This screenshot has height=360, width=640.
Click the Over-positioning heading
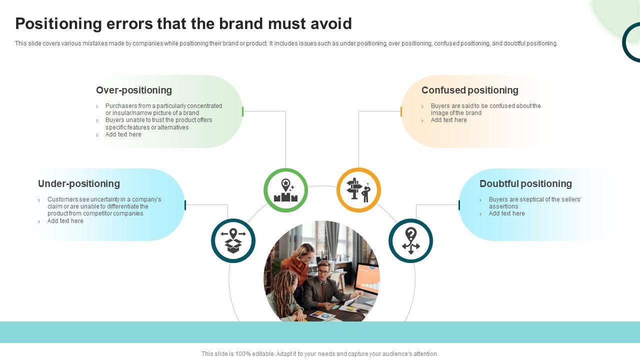[133, 90]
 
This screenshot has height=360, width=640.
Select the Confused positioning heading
[469, 90]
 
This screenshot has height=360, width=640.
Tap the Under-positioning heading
[78, 183]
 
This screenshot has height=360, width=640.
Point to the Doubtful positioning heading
[525, 183]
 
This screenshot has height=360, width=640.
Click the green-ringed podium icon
[285, 190]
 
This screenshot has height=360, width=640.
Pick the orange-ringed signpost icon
[358, 190]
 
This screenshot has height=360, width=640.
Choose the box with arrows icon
[233, 240]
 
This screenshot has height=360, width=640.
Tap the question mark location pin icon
[410, 240]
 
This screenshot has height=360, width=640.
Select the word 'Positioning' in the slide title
[58, 23]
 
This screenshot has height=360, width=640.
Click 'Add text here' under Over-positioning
[123, 134]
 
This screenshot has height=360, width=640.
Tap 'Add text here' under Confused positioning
[448, 120]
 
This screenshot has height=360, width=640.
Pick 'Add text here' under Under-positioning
[65, 221]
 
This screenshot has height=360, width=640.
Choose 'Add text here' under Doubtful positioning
[506, 213]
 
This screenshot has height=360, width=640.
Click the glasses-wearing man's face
[323, 270]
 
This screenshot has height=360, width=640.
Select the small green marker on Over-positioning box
[242, 111]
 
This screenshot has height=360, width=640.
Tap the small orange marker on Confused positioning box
[401, 111]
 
